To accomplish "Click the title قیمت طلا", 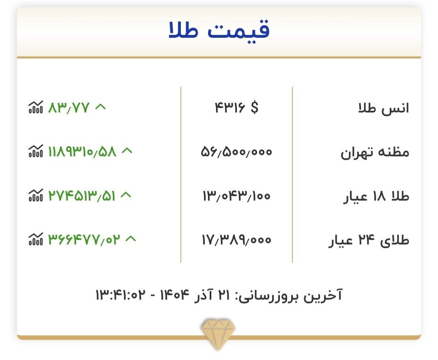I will tap(219, 32).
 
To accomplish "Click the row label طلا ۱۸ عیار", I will tap(376, 196).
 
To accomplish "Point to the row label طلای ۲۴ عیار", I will tap(369, 241).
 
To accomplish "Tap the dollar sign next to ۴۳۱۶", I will tap(254, 108).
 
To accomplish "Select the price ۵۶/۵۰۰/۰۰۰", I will tap(236, 152).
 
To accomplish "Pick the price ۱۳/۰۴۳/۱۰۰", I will tap(236, 196).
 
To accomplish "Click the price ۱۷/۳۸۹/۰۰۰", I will tap(236, 240).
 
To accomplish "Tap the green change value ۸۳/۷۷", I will tap(68, 108).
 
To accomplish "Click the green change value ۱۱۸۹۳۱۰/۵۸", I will tap(82, 152).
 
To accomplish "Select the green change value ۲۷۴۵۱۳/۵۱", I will tap(82, 196).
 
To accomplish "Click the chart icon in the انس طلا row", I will tap(35, 108).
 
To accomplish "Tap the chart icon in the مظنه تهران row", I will tap(35, 152).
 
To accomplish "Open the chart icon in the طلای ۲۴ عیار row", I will tap(35, 239).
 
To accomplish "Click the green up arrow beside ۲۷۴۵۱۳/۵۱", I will tap(126, 195).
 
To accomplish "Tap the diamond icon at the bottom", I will tap(219, 333).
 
